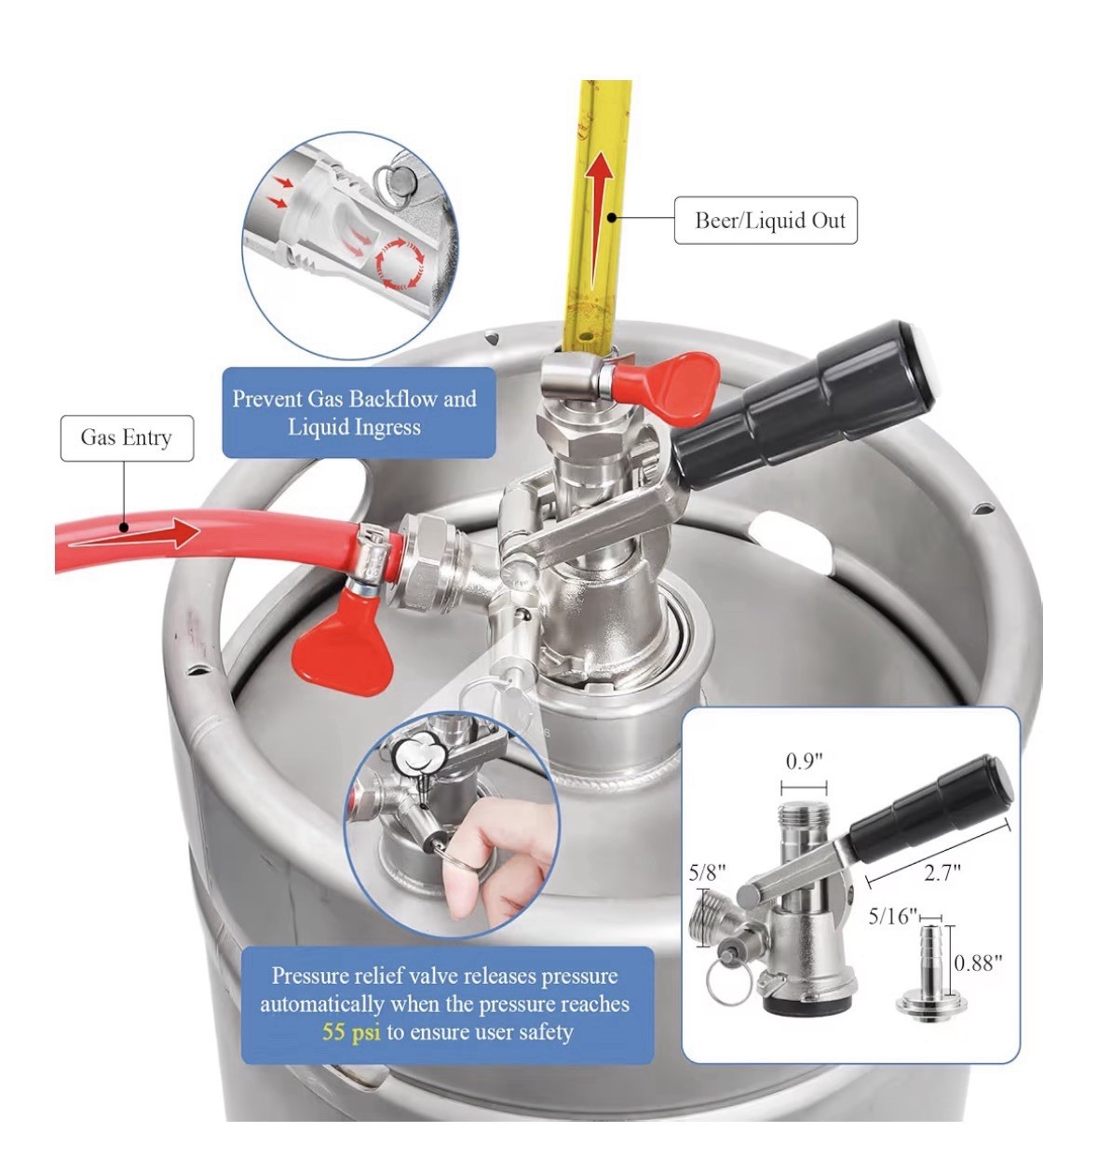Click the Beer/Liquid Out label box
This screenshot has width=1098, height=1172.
[765, 221]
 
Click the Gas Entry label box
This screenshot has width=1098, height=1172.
[127, 438]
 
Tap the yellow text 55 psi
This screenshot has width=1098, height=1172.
[351, 1031]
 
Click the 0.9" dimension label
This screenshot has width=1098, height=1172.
[804, 761]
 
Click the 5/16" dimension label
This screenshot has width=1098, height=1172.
[892, 916]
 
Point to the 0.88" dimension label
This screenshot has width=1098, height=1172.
[979, 963]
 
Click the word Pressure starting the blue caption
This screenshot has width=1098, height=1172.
[308, 976]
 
